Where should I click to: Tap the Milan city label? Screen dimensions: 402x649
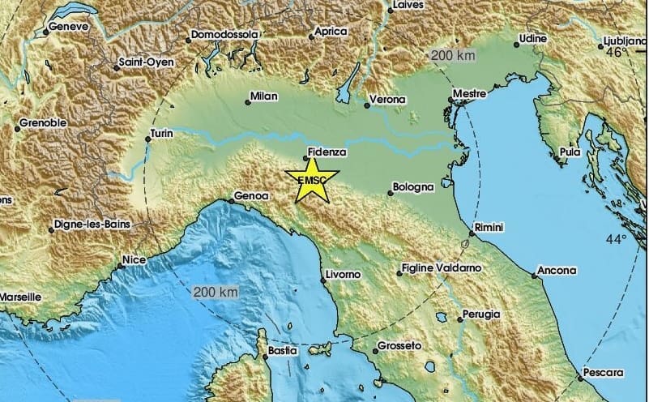coord(264,96)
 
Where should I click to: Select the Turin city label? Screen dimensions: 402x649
coord(163,134)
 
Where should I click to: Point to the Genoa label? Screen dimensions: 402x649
coord(248,196)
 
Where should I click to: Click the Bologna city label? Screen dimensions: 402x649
coord(414,187)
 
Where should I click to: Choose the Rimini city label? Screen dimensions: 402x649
coord(489,230)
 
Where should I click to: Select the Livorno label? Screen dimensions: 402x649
coord(342,276)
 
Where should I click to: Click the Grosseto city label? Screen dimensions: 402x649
coord(400,346)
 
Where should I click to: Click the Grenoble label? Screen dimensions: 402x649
coord(41,125)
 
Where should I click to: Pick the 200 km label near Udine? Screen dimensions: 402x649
coord(452,56)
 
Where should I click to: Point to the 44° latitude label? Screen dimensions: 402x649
coord(616,240)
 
